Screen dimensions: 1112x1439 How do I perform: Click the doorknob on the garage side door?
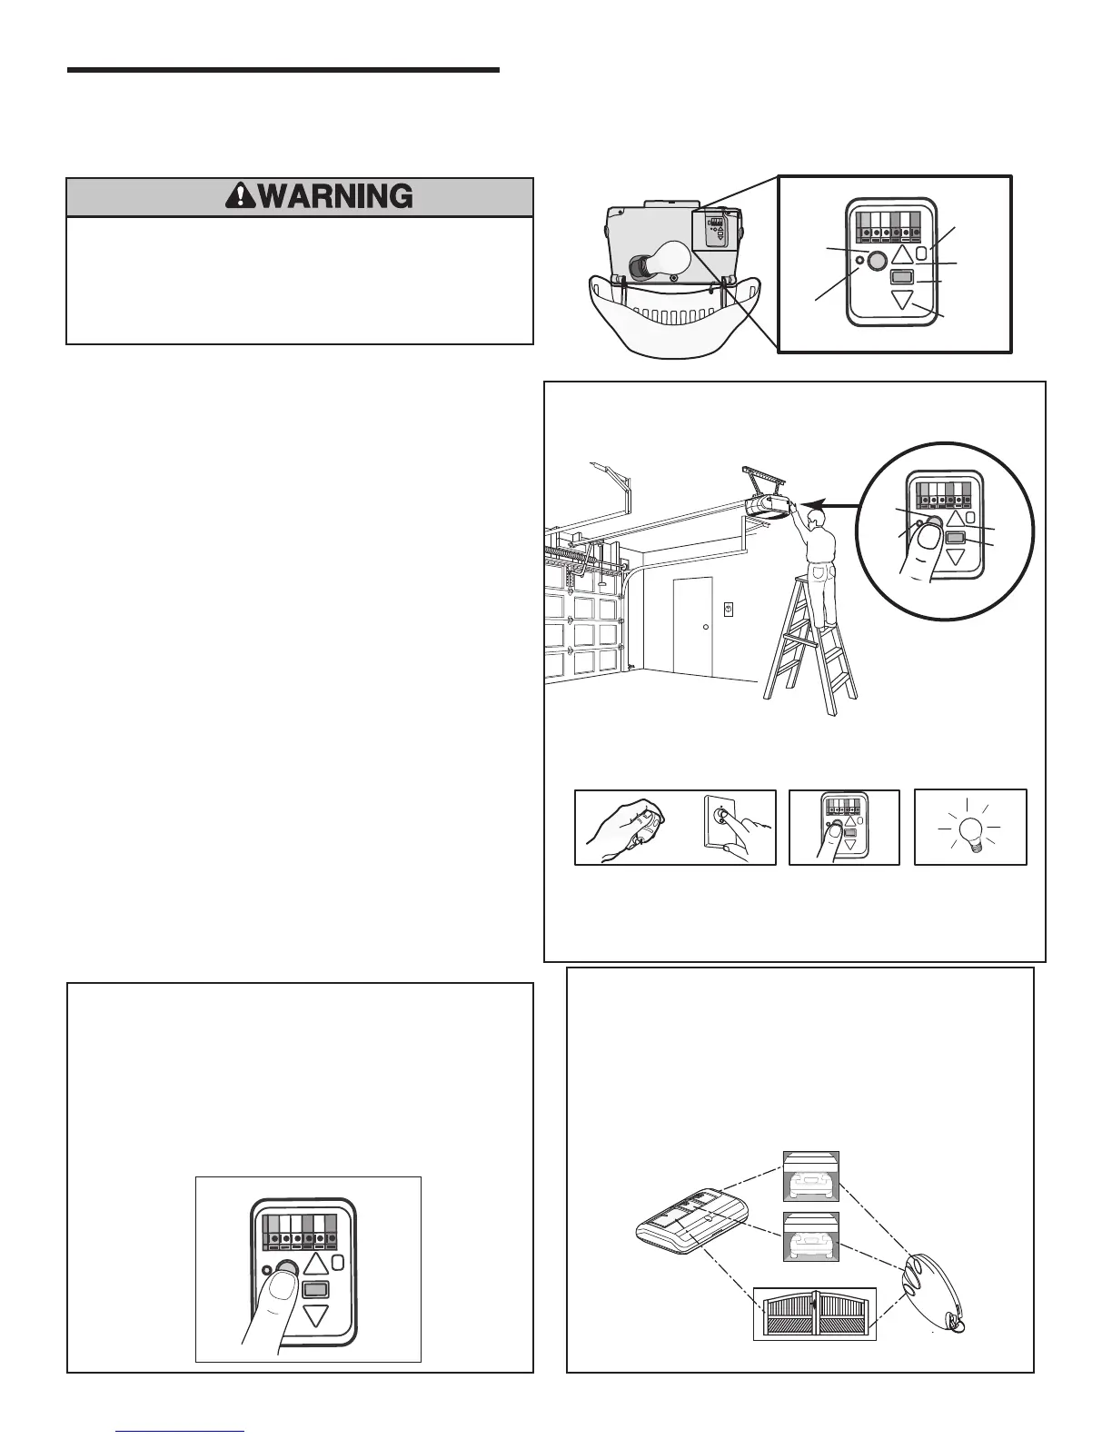(706, 627)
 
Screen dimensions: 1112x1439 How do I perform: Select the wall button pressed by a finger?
(720, 817)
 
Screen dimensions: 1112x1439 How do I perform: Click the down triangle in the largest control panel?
(315, 1314)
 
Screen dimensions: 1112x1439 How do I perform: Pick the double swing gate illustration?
(815, 1314)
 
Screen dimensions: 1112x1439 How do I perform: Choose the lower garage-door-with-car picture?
(811, 1236)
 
